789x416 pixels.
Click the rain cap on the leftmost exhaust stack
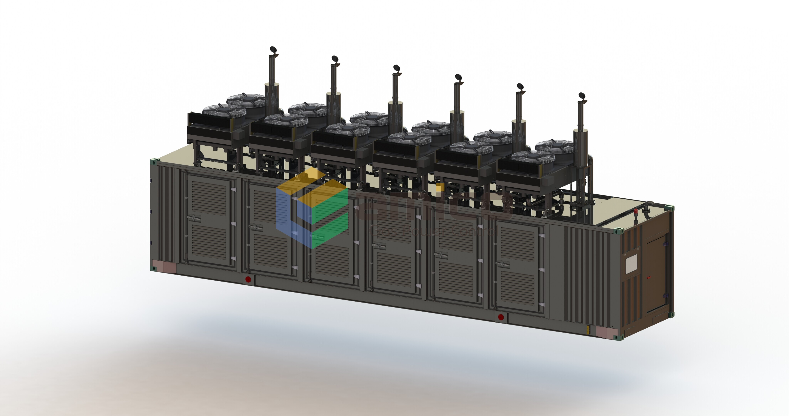[273, 50]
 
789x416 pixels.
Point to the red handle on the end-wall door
[648, 278]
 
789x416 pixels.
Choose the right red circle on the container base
[501, 317]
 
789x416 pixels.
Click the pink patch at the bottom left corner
[164, 266]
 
